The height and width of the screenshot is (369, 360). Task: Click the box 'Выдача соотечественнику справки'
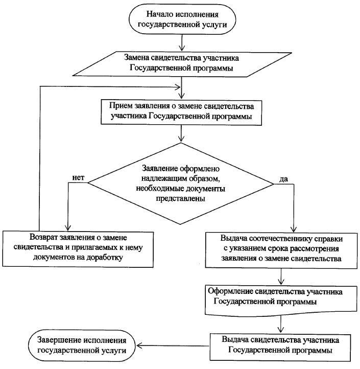(281, 248)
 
